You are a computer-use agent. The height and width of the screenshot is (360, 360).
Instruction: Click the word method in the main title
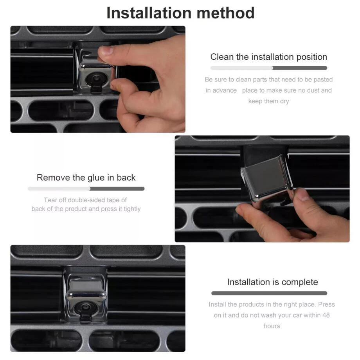225,13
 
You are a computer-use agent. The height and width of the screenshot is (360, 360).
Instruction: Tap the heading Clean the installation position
268,57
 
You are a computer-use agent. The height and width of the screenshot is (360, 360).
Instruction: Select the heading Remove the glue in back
86,178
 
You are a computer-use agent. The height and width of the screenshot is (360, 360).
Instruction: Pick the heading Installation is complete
272,282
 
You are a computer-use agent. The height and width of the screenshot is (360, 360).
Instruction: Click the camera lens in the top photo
95,79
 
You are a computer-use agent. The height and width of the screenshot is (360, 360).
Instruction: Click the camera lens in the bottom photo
85,307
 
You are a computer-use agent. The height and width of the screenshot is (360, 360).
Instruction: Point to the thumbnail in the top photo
106,50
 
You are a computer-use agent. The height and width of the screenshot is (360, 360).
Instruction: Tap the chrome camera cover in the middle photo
267,178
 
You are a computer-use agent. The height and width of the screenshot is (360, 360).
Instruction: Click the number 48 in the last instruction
326,315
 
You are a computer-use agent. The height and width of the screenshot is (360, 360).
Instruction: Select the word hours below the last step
272,326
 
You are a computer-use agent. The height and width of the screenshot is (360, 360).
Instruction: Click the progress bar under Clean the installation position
268,68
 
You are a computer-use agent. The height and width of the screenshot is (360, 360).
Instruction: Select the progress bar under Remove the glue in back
86,189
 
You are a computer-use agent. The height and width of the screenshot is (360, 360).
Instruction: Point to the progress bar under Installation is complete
269,293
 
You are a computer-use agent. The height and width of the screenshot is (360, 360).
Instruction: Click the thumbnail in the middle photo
304,195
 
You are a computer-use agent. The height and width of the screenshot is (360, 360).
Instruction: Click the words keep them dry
268,101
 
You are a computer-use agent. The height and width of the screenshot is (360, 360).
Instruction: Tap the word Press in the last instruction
326,304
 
